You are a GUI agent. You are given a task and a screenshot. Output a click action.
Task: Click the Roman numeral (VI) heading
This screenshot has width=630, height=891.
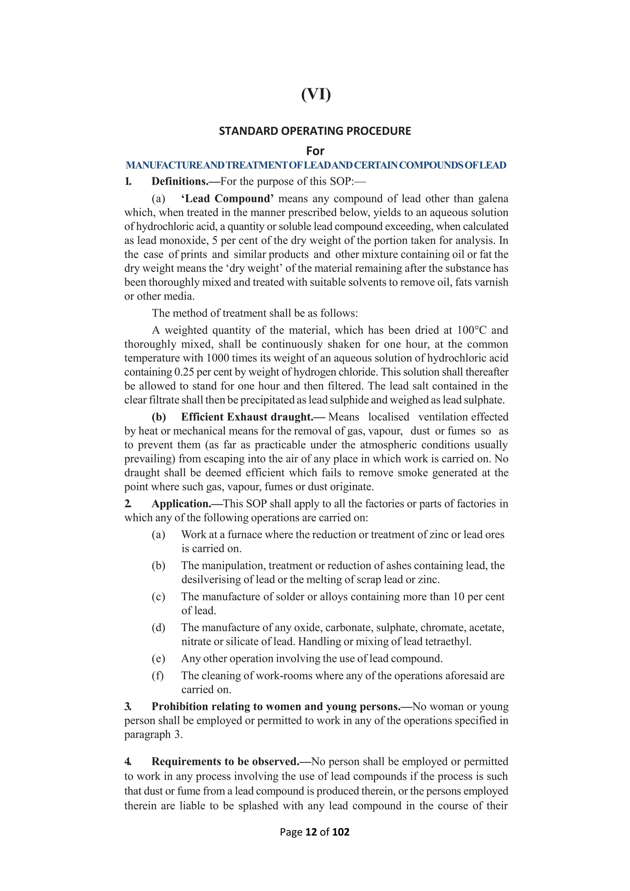[316, 94]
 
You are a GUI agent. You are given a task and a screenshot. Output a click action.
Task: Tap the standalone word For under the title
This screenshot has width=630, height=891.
[315, 151]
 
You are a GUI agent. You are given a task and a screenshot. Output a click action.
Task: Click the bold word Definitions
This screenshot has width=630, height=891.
[180, 182]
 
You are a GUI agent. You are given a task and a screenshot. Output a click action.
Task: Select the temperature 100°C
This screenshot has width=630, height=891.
[471, 330]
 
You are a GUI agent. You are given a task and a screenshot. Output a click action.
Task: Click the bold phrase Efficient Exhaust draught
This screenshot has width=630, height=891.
[247, 417]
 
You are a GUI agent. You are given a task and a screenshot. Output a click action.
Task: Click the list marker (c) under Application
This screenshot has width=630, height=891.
[158, 597]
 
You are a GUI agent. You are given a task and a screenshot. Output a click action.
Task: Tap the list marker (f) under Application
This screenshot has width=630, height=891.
[158, 676]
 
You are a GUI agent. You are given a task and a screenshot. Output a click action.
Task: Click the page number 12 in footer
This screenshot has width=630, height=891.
[311, 832]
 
